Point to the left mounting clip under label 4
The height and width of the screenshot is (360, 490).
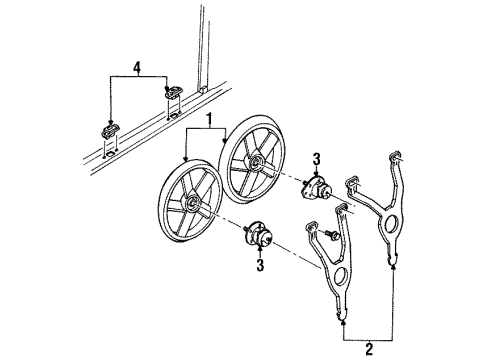[108, 132]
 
